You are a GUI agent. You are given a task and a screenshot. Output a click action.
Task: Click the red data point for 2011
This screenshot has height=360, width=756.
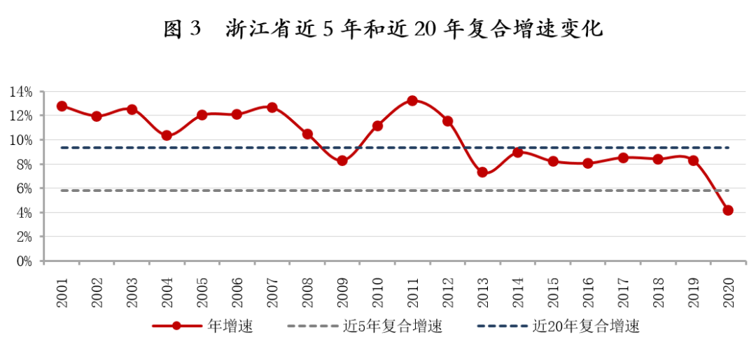412,101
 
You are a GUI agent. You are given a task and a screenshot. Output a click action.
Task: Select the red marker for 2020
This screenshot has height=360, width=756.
728,210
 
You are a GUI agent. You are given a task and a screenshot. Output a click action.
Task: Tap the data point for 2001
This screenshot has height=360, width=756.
62,106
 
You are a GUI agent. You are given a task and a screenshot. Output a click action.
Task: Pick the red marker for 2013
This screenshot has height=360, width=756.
482,172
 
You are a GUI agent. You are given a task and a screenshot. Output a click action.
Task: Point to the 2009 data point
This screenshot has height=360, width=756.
342,160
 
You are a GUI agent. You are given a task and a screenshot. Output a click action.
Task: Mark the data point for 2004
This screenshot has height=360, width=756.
167,135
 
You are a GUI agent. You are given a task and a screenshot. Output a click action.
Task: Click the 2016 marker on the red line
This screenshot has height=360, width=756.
588,163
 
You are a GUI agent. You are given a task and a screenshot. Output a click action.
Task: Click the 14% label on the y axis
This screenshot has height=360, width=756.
21,92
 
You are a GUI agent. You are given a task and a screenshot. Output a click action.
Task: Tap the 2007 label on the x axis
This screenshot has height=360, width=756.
272,289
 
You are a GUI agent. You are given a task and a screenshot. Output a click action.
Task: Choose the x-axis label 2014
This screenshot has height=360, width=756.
518,289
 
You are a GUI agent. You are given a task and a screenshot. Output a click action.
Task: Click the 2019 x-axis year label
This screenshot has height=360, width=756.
693,289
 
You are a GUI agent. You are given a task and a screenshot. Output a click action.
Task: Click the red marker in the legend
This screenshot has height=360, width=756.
176,326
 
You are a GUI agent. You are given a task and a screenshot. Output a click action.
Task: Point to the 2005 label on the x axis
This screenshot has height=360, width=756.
202,289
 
